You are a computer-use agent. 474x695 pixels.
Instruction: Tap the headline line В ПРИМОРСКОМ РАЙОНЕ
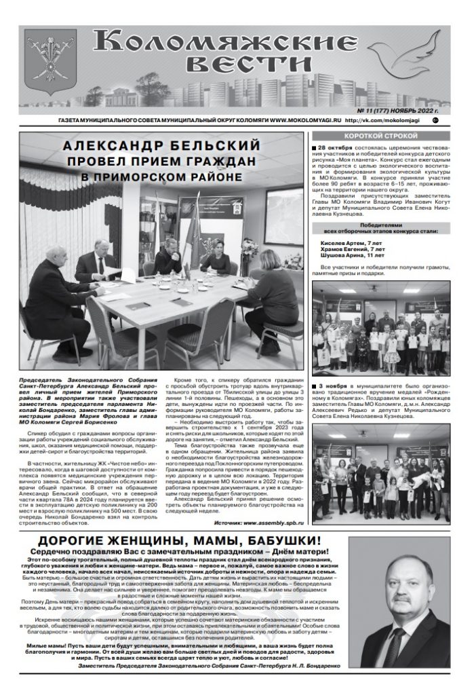(x=161, y=177)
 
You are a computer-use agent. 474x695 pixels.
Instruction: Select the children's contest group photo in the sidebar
(x=380, y=327)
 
